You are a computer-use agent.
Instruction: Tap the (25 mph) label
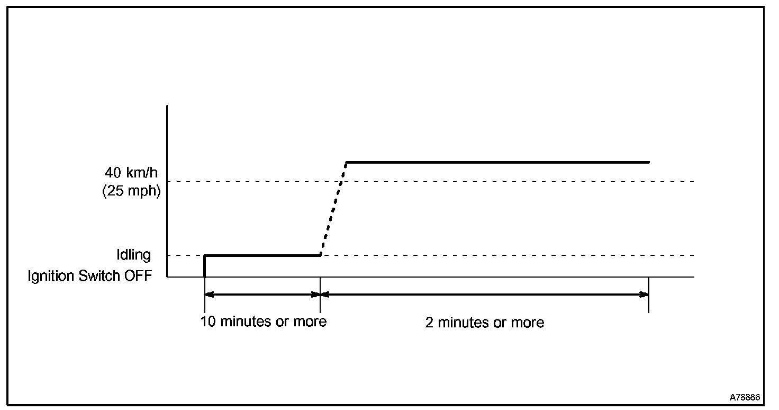tap(131, 191)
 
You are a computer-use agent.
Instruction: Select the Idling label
tap(134, 255)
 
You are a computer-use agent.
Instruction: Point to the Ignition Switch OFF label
tap(90, 276)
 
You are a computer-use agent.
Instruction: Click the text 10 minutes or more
tap(264, 321)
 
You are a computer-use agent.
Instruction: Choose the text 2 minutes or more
tap(485, 322)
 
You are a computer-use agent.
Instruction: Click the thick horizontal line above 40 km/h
tap(497, 162)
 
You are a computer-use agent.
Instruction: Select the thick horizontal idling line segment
tap(262, 255)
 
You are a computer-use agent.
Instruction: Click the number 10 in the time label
tap(207, 321)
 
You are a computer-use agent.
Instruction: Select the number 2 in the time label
tap(429, 322)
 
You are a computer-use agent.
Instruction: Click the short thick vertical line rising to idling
tap(205, 266)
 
